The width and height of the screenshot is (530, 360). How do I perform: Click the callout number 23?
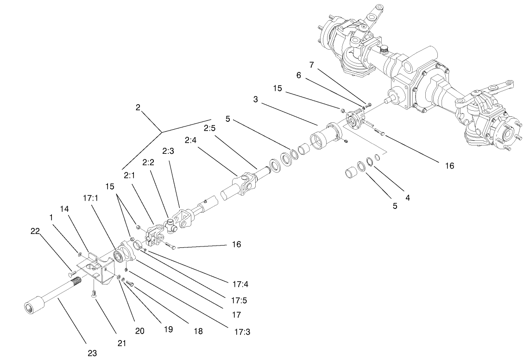click(92, 353)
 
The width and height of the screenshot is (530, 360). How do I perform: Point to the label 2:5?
click(210, 128)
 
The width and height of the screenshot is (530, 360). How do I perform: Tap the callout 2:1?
click(129, 176)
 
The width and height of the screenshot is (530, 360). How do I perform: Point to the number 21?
click(121, 343)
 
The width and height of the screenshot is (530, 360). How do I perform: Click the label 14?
click(64, 209)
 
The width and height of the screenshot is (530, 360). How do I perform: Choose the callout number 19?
click(168, 329)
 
